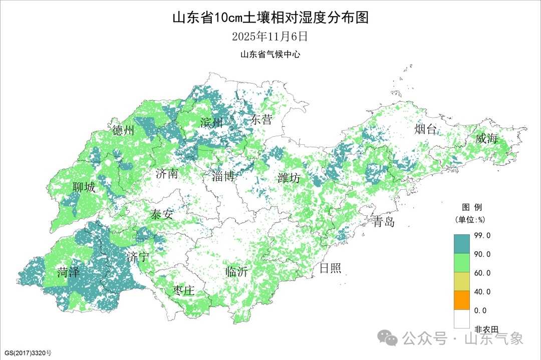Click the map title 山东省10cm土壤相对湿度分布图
point(270,19)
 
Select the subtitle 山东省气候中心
point(270,55)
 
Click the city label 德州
point(123,131)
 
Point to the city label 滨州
point(211,122)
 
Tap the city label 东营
point(261,120)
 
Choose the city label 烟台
point(425,130)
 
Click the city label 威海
point(486,139)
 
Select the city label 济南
point(167,174)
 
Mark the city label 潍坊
point(289,178)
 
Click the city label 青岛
point(384,222)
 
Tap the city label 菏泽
point(68,273)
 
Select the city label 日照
point(330,268)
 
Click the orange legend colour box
point(462,300)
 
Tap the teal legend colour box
point(462,244)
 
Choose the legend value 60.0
point(482,273)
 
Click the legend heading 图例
point(471,207)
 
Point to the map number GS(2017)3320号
point(27,353)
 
